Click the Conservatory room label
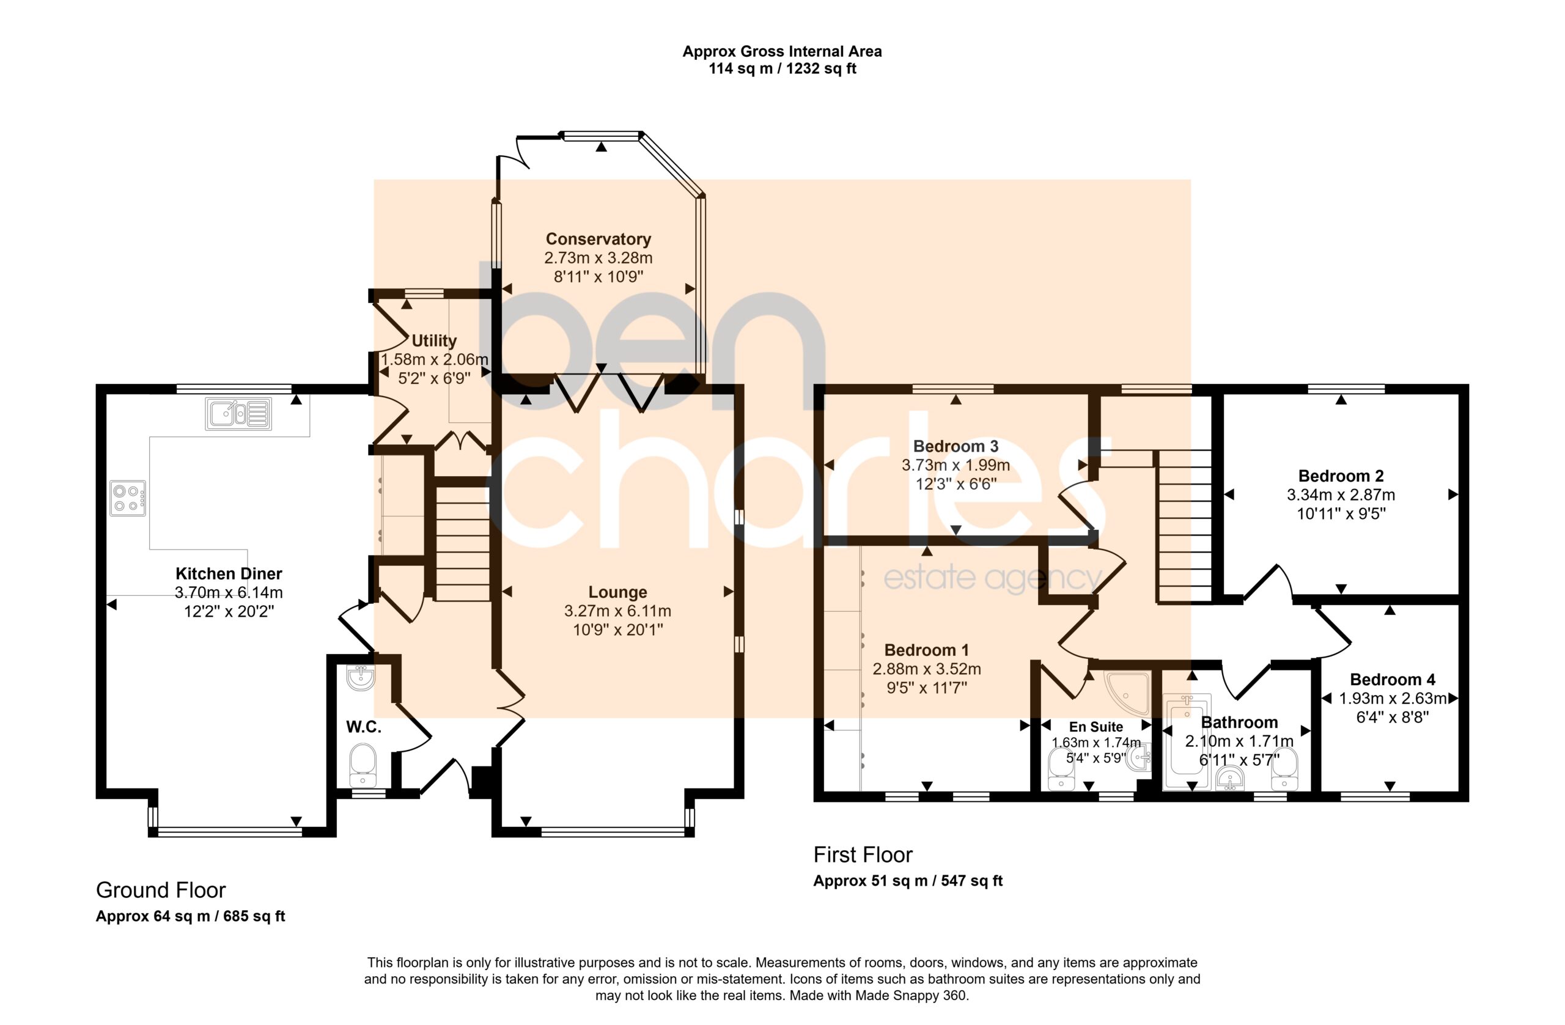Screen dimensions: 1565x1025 (x=598, y=240)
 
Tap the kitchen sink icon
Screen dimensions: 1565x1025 (x=238, y=414)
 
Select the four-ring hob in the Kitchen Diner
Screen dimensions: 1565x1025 (x=128, y=498)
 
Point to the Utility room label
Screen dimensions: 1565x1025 (x=434, y=340)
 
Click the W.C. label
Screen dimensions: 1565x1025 (x=364, y=727)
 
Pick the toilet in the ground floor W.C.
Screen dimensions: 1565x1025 (x=363, y=765)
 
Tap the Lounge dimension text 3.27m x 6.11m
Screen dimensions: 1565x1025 (x=617, y=611)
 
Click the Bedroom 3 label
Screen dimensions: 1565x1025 (x=956, y=446)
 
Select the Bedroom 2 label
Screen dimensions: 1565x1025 (x=1341, y=476)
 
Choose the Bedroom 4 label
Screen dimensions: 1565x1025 (x=1393, y=680)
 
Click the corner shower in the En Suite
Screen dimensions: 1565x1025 (x=1127, y=693)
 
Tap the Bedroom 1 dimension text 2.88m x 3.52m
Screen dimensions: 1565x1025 (x=927, y=669)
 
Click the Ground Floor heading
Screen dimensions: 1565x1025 (x=161, y=890)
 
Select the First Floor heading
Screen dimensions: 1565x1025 (x=863, y=854)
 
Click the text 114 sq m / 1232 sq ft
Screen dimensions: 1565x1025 (x=782, y=68)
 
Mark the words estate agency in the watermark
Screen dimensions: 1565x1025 (x=993, y=579)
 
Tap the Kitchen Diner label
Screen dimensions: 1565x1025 (x=229, y=574)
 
